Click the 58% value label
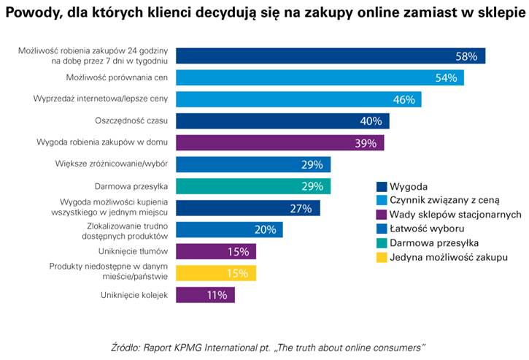[466, 56]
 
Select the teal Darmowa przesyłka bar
[253, 186]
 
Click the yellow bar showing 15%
[216, 273]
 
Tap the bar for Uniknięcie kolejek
[205, 295]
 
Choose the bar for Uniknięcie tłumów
[216, 252]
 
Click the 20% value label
[265, 230]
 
